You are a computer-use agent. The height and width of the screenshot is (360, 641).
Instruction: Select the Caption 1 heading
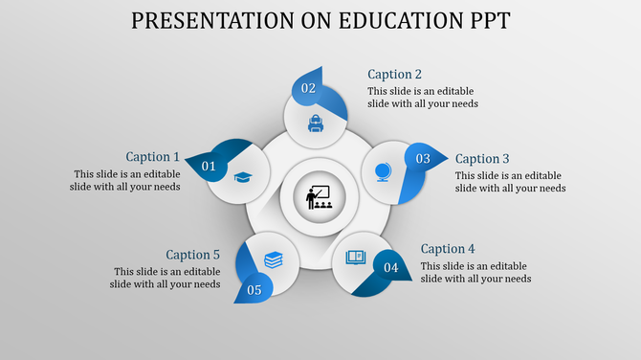click(x=152, y=157)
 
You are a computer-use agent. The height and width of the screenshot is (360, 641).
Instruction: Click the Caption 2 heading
click(x=394, y=75)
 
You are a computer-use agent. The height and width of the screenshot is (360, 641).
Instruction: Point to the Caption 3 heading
click(x=482, y=159)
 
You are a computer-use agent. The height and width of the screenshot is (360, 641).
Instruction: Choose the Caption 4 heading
click(x=448, y=249)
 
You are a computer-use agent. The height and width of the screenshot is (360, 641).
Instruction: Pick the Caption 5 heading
click(x=192, y=255)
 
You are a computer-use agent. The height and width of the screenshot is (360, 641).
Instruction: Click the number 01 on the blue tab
click(x=209, y=168)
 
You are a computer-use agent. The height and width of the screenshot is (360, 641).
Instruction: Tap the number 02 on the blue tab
click(x=308, y=88)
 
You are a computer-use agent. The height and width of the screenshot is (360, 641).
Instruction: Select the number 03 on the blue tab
click(x=423, y=159)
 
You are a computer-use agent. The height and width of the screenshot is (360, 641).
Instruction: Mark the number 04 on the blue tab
click(x=390, y=267)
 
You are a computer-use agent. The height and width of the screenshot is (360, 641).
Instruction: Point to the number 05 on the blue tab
click(x=254, y=290)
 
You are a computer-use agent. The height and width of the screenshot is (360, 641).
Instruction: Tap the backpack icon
click(x=315, y=123)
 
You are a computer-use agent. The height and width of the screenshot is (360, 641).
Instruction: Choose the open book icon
click(x=356, y=257)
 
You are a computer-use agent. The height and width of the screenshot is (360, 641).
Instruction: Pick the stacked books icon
click(x=274, y=259)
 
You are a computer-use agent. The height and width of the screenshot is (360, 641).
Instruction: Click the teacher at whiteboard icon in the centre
click(x=318, y=197)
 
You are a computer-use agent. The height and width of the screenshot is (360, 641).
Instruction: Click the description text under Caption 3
click(x=509, y=182)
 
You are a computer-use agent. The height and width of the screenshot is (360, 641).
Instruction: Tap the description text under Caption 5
click(x=166, y=278)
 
